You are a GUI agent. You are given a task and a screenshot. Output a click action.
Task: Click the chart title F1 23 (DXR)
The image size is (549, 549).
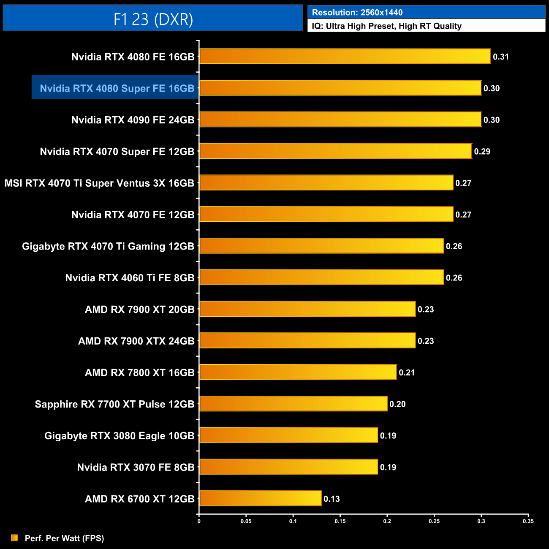point(153,19)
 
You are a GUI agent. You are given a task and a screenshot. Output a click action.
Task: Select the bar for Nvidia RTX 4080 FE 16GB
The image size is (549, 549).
point(345,57)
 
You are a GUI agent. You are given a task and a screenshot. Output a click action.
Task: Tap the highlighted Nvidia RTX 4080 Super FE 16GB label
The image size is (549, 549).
point(117,88)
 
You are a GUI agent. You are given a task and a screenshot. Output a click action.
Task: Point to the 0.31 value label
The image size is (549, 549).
point(501,57)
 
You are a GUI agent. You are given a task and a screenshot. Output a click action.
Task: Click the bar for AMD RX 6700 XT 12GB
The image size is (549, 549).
point(260,498)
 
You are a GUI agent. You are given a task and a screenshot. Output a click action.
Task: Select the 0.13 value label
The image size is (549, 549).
point(332,499)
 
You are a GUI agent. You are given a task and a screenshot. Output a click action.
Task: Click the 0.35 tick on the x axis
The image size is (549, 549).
point(528,521)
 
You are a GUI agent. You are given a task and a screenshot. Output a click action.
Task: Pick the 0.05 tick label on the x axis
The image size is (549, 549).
point(246,521)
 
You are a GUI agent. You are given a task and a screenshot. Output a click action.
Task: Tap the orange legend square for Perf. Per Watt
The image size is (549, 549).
point(15,538)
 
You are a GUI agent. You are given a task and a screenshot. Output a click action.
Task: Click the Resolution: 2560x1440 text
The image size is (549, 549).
point(357,13)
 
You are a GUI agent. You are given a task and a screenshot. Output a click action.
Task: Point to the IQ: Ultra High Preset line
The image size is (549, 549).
point(386,26)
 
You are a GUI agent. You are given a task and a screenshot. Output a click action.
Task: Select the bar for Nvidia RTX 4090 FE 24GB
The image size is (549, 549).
point(340,120)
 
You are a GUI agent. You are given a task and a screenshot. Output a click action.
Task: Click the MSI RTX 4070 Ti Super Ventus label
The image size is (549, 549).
point(99,183)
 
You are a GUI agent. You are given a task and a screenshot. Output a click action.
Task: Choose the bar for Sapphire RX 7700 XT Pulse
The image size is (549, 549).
point(293,404)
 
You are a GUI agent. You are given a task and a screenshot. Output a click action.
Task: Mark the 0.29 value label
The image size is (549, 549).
point(482,152)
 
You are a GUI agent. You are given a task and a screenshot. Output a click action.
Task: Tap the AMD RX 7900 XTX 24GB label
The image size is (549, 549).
point(136,341)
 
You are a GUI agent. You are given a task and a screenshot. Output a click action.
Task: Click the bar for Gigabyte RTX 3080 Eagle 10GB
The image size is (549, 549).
point(288,435)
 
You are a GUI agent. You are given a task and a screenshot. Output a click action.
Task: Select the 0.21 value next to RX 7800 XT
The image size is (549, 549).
point(407,372)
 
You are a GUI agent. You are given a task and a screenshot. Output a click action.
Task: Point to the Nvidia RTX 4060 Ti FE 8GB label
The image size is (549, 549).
point(130,278)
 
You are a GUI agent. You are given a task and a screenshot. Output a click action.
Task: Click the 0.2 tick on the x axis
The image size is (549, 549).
point(387,521)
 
